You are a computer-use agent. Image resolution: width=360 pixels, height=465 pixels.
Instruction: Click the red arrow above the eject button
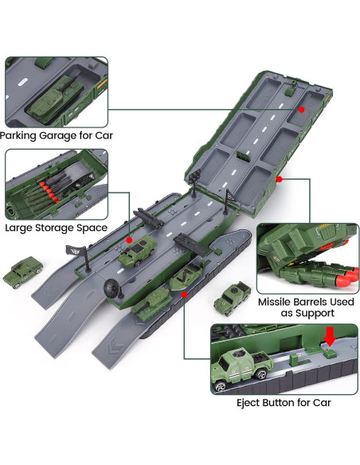click(x=329, y=337)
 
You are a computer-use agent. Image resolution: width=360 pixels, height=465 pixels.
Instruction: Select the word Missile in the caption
click(x=274, y=302)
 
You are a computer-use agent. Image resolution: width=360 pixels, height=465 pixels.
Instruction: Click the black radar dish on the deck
click(x=113, y=288)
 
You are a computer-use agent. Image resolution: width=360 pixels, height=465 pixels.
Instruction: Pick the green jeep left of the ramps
click(x=22, y=272)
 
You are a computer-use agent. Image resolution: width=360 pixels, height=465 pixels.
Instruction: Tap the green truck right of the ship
click(x=233, y=298)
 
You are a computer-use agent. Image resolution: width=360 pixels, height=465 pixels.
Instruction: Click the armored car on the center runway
click(x=137, y=250)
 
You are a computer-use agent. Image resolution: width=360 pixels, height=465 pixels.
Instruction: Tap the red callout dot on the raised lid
click(x=302, y=110)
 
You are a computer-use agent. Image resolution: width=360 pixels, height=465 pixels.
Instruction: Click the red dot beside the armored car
click(x=129, y=240)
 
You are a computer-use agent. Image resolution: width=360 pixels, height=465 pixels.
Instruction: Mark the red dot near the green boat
click(x=185, y=295)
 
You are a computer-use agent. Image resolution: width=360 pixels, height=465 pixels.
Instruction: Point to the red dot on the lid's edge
click(x=279, y=179)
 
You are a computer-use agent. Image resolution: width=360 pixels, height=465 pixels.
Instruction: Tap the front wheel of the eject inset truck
click(x=221, y=386)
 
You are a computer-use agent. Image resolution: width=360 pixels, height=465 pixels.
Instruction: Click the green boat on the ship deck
click(x=186, y=275)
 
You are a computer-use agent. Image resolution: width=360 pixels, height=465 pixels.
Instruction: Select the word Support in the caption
click(x=315, y=314)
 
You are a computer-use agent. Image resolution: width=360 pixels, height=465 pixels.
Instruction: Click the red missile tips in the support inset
click(x=348, y=275)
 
